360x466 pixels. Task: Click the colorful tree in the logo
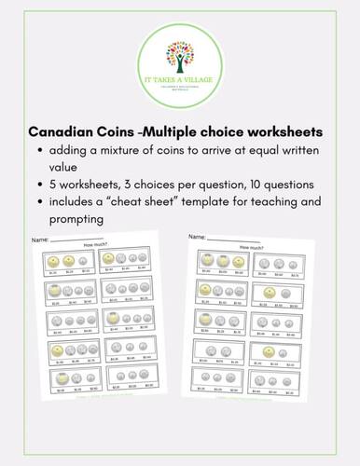[x=179, y=50]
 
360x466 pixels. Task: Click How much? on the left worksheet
[x=92, y=250]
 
